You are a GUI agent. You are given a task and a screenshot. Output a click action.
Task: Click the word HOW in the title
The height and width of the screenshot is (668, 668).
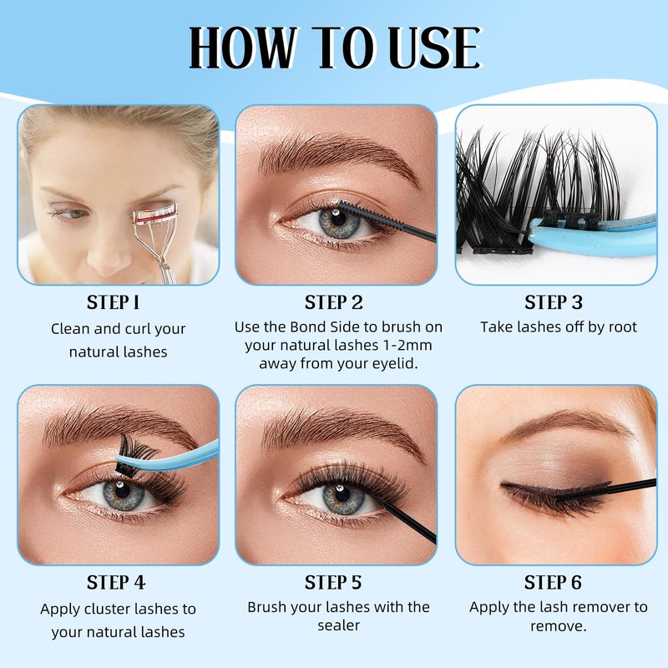[243, 48]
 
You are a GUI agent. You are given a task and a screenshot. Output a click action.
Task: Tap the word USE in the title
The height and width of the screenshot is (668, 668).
[435, 48]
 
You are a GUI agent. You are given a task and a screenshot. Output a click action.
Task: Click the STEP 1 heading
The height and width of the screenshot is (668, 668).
[113, 302]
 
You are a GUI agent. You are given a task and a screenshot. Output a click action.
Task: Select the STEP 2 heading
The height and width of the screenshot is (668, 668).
[333, 302]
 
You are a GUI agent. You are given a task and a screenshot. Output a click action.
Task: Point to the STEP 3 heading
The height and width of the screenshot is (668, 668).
[554, 302]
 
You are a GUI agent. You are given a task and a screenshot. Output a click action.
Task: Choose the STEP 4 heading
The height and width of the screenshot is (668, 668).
[116, 582]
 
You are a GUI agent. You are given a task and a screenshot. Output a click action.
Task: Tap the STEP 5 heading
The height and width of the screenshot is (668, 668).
[332, 582]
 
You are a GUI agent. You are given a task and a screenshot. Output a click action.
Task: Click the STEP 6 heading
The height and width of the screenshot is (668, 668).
[553, 582]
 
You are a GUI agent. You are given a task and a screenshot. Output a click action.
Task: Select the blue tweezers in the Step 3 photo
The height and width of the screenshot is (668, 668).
[592, 235]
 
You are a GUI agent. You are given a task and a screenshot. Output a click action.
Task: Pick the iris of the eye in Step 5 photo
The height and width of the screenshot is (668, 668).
[343, 498]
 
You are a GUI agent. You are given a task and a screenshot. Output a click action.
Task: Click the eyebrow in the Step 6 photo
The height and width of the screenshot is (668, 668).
[567, 424]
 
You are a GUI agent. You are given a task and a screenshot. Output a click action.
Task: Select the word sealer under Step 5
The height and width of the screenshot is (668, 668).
[339, 625]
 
